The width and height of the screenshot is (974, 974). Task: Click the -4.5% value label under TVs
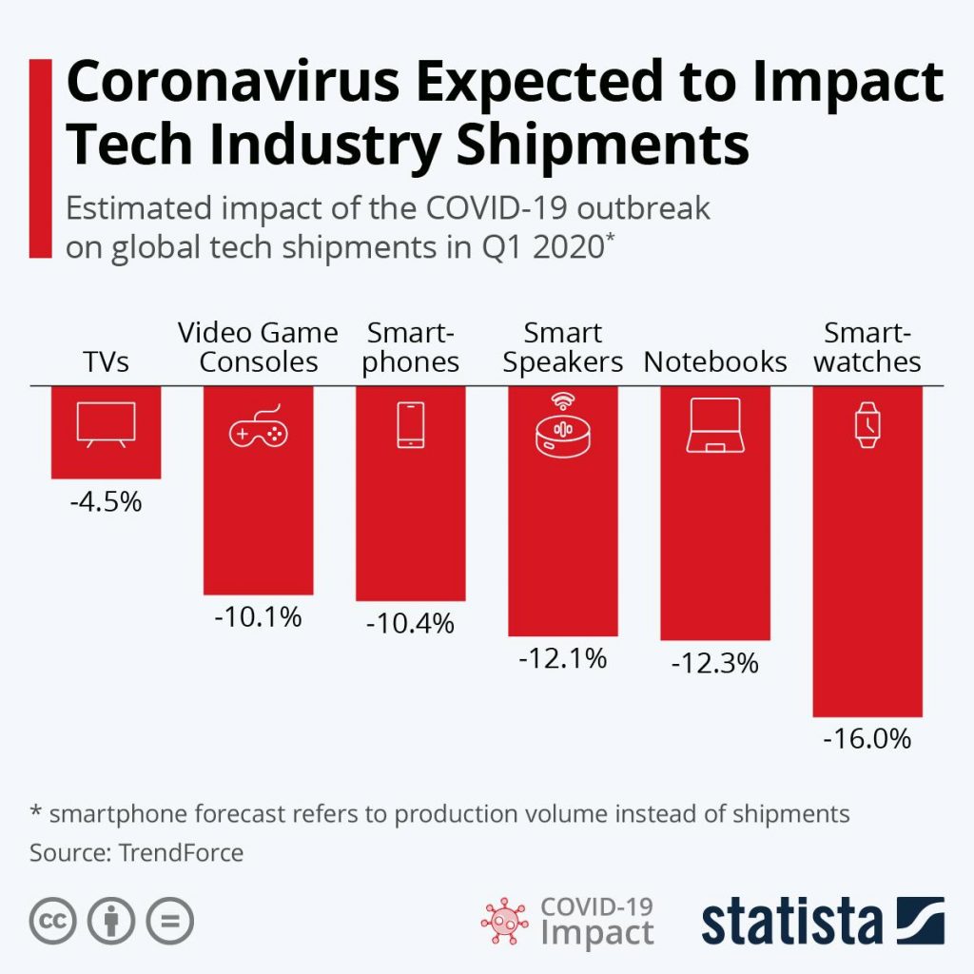click(106, 502)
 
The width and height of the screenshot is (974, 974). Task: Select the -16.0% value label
click(867, 739)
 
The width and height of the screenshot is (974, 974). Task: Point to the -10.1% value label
click(258, 616)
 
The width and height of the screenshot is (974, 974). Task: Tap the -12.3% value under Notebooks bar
click(714, 663)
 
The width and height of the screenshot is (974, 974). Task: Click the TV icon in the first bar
click(106, 424)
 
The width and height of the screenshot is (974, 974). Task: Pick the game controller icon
click(258, 430)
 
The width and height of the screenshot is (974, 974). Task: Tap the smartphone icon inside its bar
click(410, 425)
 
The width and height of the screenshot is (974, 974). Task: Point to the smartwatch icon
click(867, 425)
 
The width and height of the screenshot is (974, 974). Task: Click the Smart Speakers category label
click(562, 348)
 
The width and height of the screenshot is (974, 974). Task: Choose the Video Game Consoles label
click(258, 348)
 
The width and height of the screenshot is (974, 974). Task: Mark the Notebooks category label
click(715, 362)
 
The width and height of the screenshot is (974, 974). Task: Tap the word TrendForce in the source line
click(181, 852)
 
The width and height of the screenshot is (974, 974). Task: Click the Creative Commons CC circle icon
click(53, 921)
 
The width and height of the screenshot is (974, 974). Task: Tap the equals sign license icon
click(169, 921)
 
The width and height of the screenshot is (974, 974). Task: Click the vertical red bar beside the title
click(40, 157)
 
